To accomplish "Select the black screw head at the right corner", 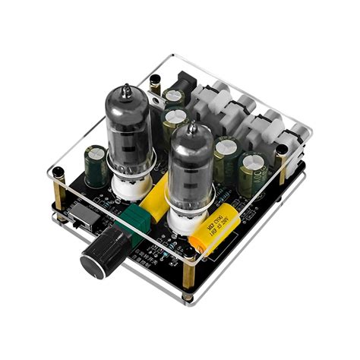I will tap(282, 150).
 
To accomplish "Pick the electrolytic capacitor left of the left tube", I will tap(96, 166).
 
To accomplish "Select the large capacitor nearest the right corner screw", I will tap(252, 173).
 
